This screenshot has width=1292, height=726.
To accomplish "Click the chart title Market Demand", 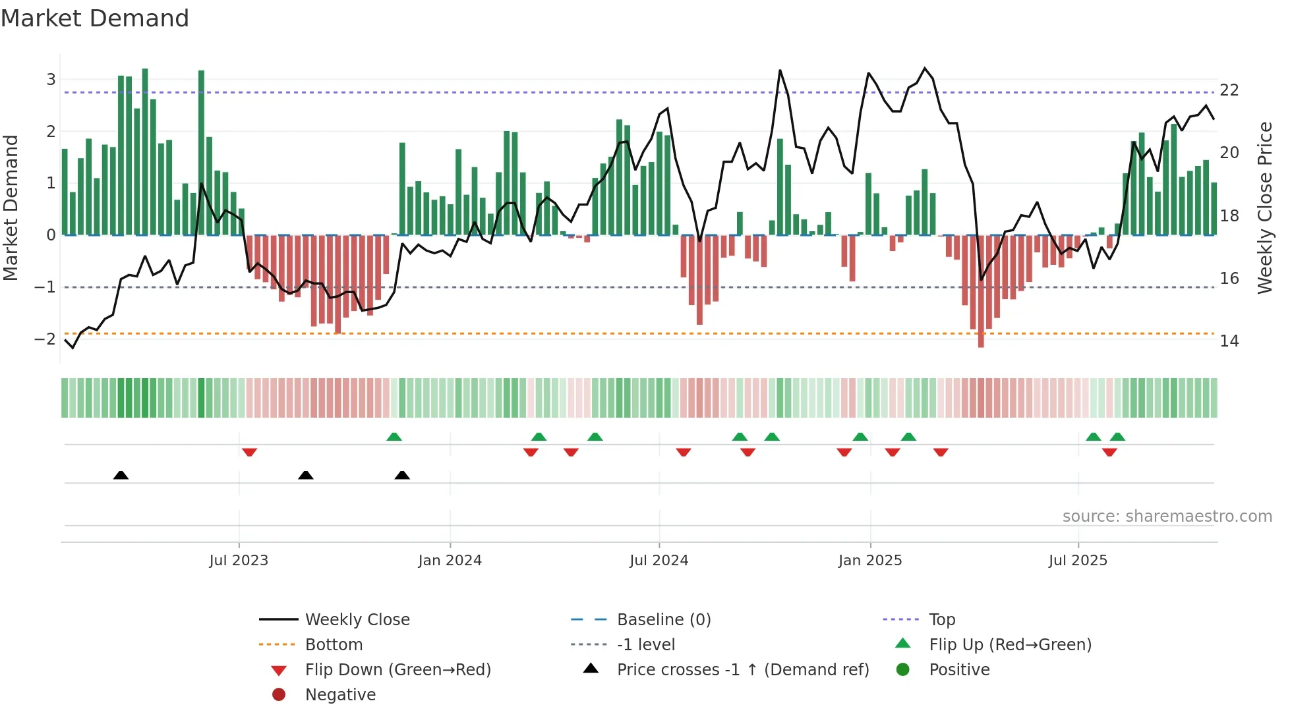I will (95, 18).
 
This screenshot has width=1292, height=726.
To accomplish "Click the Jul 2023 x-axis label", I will (239, 561).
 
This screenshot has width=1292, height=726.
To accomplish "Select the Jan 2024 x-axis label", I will (450, 561).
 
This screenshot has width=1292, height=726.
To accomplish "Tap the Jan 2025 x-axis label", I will (870, 561).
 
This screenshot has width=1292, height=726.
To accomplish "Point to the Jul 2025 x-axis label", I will (1078, 561).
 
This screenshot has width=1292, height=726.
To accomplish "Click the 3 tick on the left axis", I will (51, 80).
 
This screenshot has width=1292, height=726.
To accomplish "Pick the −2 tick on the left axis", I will (45, 339).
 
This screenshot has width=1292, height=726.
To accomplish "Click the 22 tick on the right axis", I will (1229, 90).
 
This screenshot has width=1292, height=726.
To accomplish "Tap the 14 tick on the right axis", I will (1229, 341).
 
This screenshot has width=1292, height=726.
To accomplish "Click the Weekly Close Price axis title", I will (1265, 208).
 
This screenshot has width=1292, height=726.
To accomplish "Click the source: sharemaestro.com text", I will (1167, 517).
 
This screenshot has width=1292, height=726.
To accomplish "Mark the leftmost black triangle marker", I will (121, 475).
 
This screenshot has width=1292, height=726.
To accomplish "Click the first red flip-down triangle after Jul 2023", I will (249, 452).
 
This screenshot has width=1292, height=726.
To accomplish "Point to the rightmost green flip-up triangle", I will (1117, 437).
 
